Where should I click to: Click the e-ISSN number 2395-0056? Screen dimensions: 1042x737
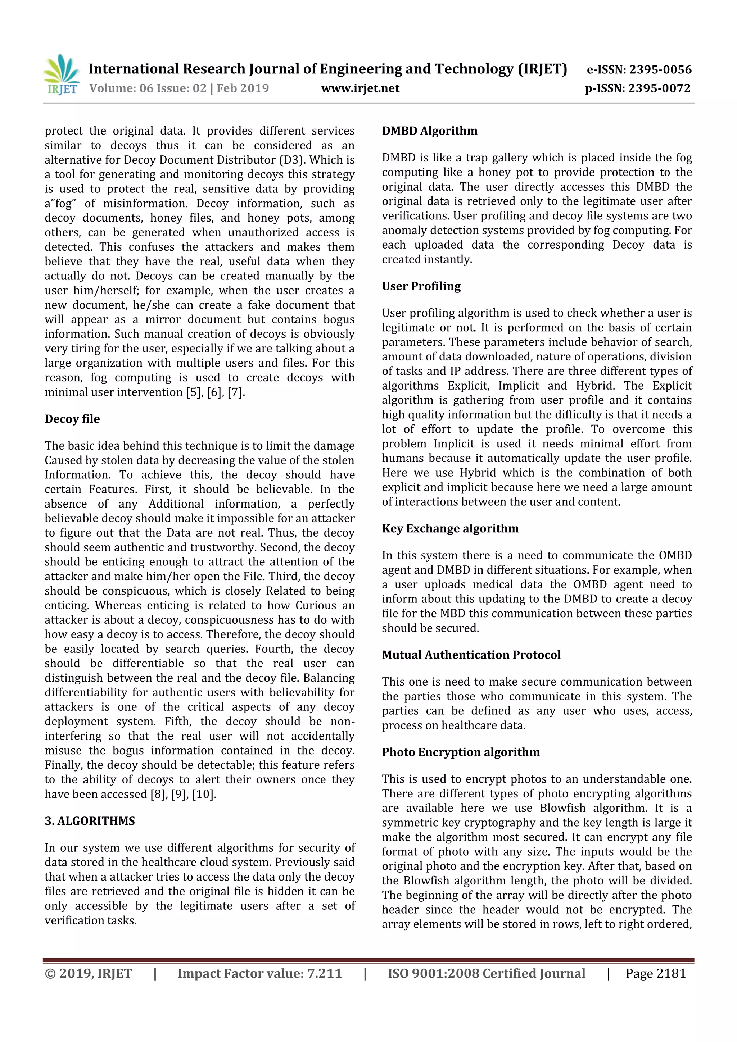(660, 69)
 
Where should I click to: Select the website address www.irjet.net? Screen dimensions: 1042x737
(360, 88)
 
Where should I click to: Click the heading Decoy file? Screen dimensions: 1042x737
(72, 419)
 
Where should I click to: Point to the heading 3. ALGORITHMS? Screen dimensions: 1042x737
(90, 821)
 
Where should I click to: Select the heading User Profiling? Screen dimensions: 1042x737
(421, 286)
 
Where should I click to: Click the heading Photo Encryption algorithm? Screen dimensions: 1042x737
(461, 752)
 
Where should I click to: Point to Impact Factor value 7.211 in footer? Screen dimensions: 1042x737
(259, 973)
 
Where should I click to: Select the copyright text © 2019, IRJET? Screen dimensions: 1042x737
(88, 973)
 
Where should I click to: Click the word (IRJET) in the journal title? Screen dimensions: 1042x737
(542, 69)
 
